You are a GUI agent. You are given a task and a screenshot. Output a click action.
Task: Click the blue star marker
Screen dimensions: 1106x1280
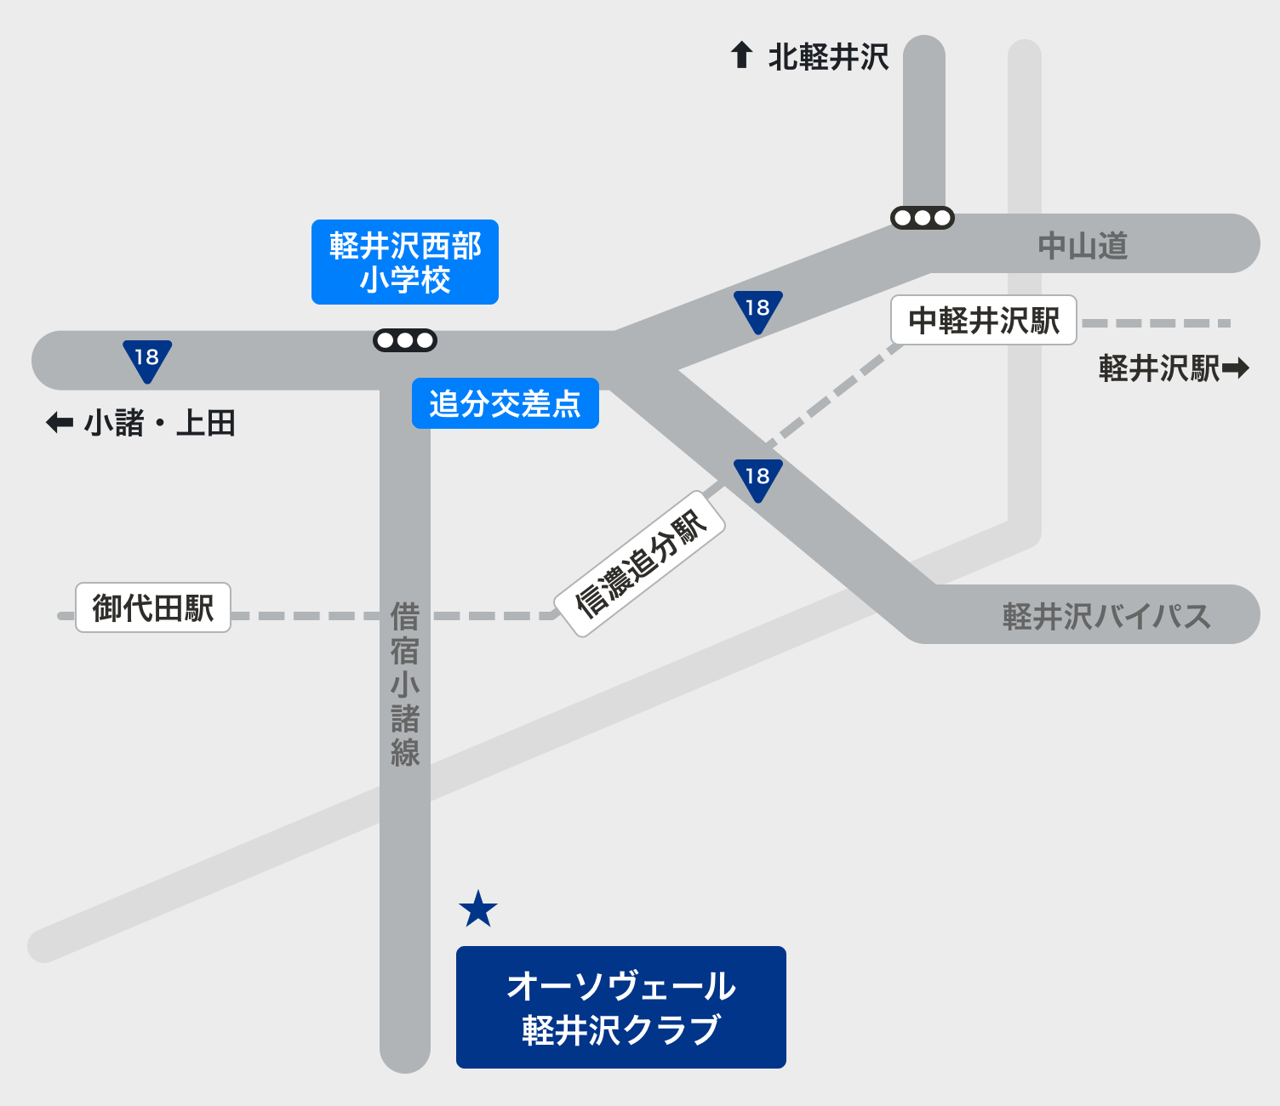tap(478, 909)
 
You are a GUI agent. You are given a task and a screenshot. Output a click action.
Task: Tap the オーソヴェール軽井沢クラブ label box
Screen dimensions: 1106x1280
tap(620, 1006)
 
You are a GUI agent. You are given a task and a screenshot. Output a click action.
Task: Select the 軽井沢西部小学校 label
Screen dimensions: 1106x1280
tap(405, 262)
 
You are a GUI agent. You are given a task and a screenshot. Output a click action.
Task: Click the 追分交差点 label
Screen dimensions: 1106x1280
tap(505, 403)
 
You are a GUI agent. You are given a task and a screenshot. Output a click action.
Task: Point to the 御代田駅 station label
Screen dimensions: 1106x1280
tap(153, 607)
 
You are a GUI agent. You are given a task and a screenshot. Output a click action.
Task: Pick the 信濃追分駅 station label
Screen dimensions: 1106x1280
tap(640, 563)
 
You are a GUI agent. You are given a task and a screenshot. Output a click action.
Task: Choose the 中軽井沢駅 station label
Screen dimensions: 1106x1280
tap(983, 320)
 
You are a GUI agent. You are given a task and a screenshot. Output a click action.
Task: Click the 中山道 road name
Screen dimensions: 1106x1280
tap(1083, 246)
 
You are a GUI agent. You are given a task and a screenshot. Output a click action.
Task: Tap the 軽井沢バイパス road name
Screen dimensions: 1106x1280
tap(1106, 616)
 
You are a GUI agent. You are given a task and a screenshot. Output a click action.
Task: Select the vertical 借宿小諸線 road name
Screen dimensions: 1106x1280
tap(405, 685)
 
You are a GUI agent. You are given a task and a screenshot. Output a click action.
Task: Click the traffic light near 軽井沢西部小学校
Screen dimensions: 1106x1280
tap(405, 340)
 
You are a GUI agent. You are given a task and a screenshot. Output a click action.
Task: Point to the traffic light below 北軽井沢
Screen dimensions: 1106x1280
tap(922, 218)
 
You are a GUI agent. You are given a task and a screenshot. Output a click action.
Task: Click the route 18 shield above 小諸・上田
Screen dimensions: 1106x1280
tap(147, 360)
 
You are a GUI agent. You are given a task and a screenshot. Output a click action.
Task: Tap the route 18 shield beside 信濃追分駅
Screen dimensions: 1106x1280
tap(757, 479)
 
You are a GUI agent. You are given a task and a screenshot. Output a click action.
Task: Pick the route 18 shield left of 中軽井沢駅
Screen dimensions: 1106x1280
tap(757, 311)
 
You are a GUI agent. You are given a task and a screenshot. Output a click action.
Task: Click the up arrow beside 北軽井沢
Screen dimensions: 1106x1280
tap(742, 55)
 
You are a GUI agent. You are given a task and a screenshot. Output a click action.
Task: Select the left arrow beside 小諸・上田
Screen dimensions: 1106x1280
tap(60, 422)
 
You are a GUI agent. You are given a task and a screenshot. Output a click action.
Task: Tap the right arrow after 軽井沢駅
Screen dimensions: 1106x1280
tap(1236, 368)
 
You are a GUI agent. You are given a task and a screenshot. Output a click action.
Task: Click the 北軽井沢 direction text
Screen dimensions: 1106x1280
tap(828, 57)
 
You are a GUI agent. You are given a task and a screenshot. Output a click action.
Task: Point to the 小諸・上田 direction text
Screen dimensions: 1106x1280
tap(160, 423)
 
